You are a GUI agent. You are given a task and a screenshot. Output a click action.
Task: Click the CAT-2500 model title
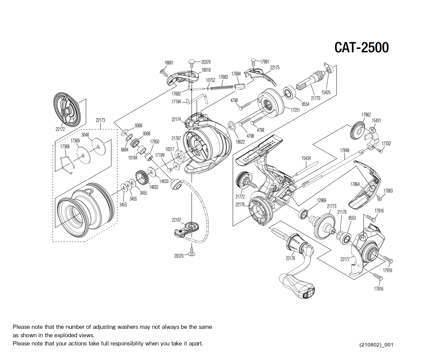361,48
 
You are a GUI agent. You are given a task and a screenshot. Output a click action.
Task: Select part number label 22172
60,129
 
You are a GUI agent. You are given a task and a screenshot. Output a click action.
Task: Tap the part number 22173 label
100,120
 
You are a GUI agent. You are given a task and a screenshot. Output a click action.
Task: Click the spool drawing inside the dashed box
84,209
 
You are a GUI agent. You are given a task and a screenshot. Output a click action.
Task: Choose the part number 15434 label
306,158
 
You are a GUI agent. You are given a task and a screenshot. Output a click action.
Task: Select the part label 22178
290,258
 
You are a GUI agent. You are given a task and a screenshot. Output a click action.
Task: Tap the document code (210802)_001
376,345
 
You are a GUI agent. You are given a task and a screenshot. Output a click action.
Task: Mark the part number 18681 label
169,63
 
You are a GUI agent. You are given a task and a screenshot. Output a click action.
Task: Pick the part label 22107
176,220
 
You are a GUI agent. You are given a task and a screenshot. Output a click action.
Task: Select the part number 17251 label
295,110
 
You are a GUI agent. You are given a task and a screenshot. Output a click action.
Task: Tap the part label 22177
345,259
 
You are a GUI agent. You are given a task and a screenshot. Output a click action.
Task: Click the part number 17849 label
344,151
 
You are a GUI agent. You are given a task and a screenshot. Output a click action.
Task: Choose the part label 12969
321,200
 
